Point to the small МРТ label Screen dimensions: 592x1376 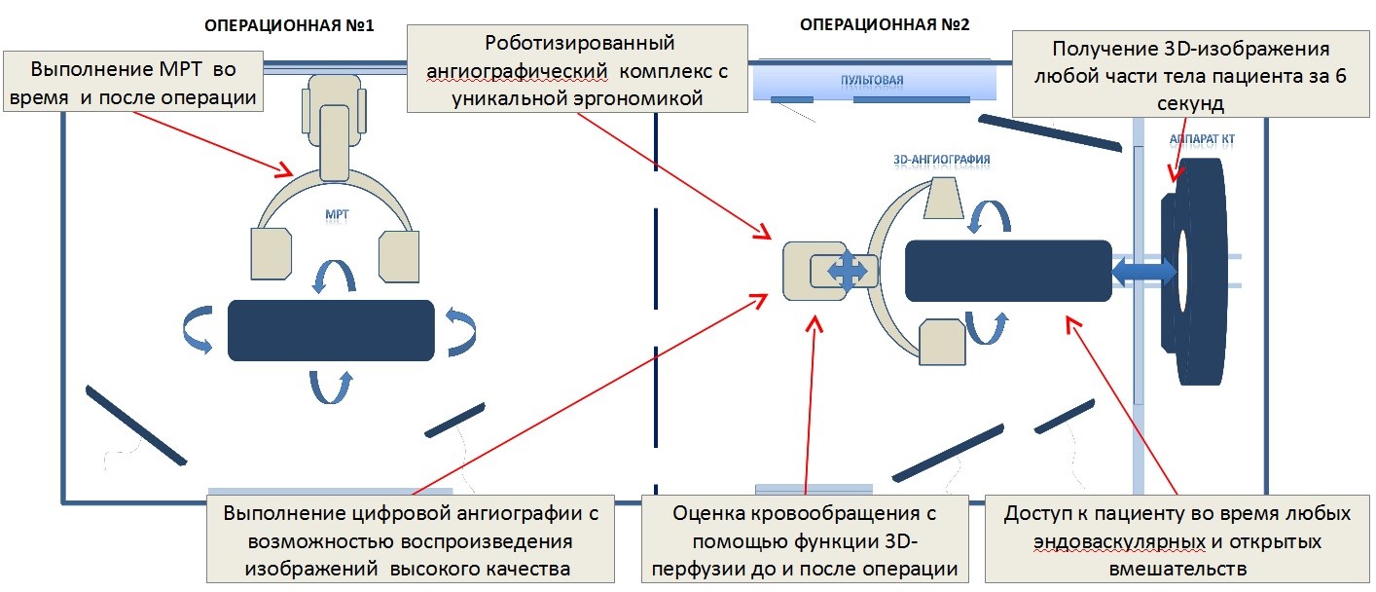(336, 210)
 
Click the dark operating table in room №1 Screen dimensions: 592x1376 (331, 330)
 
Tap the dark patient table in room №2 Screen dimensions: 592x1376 (1008, 270)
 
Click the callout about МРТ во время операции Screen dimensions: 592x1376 (133, 83)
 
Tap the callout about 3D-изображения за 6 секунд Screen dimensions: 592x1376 (1191, 76)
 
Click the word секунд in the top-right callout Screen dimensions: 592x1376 (1191, 103)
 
